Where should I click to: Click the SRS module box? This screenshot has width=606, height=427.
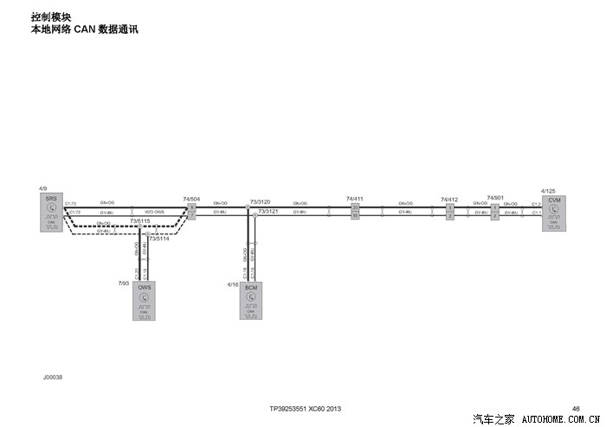(51, 213)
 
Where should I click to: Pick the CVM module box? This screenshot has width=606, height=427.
(554, 213)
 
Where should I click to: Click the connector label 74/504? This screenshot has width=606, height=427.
(191, 199)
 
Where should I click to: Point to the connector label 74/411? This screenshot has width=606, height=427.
(354, 199)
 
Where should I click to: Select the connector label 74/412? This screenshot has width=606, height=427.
(448, 200)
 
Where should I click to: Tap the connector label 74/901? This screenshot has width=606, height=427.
(495, 198)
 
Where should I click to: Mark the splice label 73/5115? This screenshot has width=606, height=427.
(140, 221)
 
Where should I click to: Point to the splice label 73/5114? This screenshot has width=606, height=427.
(158, 239)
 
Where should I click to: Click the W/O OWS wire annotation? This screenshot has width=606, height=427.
(154, 212)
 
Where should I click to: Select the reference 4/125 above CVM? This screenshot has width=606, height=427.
(548, 190)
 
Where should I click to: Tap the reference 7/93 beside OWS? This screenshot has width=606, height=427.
(123, 283)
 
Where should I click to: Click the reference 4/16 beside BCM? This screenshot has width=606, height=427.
(232, 283)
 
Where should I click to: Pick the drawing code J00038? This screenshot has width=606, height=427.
(52, 377)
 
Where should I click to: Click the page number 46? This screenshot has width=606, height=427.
(576, 408)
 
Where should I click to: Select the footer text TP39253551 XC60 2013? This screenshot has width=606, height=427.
(305, 408)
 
